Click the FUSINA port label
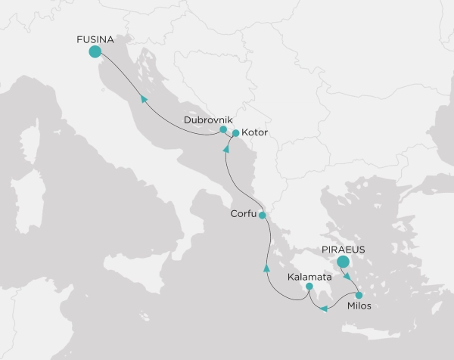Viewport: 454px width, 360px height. click(x=95, y=37)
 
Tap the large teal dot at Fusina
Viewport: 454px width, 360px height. click(x=95, y=51)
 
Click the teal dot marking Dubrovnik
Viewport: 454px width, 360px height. click(x=223, y=129)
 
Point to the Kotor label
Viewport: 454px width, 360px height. click(x=255, y=134)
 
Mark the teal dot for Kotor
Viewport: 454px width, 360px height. click(x=235, y=134)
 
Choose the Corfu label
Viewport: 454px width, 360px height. click(x=244, y=215)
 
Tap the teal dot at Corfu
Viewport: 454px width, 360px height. click(x=262, y=216)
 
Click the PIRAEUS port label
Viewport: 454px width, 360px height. click(x=343, y=247)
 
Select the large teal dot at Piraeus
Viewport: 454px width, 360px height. click(x=343, y=262)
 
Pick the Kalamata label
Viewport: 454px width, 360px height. click(x=309, y=277)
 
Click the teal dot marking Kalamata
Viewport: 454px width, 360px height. click(x=309, y=287)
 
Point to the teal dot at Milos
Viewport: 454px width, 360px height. click(x=359, y=296)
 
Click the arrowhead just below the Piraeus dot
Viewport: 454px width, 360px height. click(x=347, y=276)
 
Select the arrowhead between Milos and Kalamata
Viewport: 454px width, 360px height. click(x=324, y=309)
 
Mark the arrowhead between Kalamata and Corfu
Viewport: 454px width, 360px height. click(x=266, y=268)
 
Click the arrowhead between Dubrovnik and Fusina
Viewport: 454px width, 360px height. click(x=141, y=98)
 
